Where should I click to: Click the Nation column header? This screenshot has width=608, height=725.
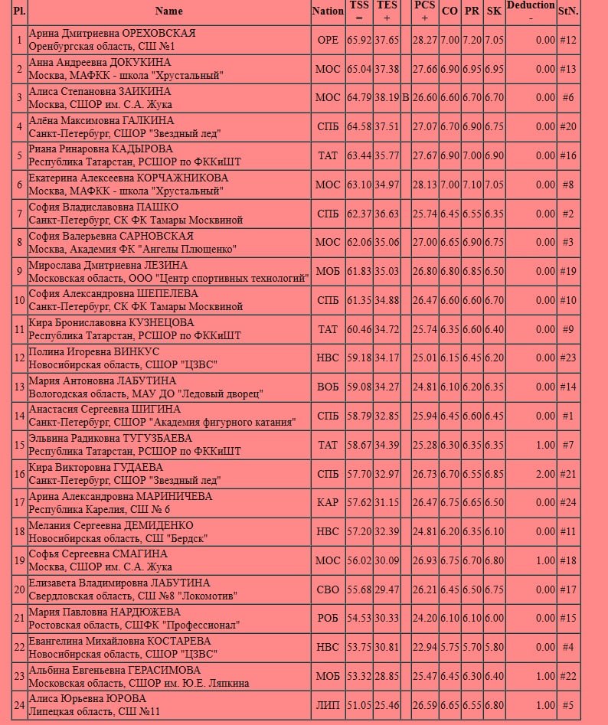click(328, 11)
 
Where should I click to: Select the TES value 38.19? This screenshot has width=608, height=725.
click(386, 97)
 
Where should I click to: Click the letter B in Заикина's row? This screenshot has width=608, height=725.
click(405, 97)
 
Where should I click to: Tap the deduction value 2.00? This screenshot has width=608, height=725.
click(545, 474)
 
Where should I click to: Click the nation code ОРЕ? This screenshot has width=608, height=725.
click(328, 40)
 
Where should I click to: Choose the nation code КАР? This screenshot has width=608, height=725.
click(328, 503)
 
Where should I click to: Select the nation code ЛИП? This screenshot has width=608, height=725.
click(328, 706)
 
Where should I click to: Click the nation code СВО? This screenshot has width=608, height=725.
click(328, 589)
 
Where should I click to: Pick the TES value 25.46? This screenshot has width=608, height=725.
click(386, 706)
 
